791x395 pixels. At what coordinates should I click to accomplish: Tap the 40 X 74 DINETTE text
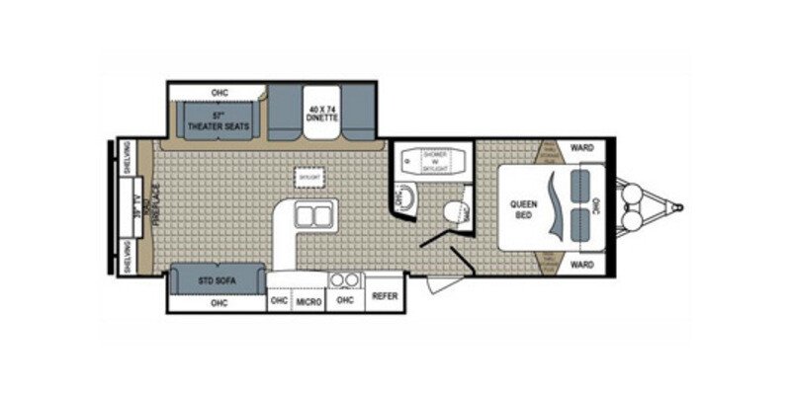[322, 113]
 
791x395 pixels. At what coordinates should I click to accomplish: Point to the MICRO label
[309, 300]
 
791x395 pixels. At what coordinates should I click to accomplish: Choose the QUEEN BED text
[523, 208]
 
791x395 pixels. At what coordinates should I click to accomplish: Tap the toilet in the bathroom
[457, 211]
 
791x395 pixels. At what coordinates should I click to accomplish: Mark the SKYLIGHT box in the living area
[308, 175]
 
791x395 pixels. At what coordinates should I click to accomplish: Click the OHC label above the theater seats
[220, 93]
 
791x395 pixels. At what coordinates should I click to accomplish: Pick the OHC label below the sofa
[219, 302]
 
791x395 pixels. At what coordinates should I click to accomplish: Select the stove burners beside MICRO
[345, 278]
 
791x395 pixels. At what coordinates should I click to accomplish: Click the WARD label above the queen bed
[581, 149]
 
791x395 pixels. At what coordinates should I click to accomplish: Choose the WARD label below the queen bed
[581, 265]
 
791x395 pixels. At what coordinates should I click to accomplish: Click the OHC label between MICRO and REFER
[345, 300]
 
